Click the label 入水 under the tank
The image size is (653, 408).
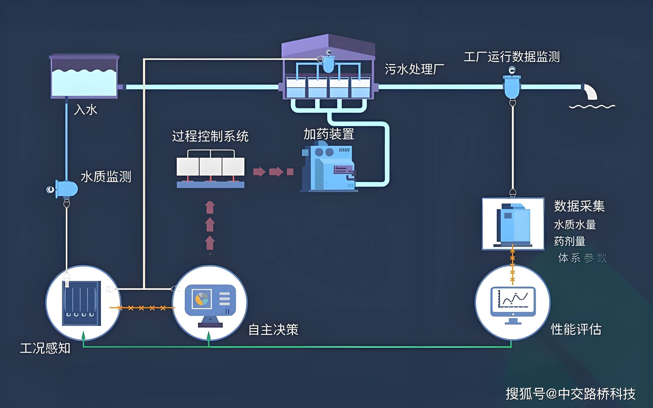click(x=86, y=110)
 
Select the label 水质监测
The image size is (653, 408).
click(x=106, y=177)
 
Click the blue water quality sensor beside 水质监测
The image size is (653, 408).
click(x=67, y=189)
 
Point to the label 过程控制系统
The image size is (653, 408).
click(x=210, y=136)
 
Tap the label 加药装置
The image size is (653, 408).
click(x=329, y=134)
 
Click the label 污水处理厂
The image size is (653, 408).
click(x=414, y=69)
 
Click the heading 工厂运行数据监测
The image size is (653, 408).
click(x=512, y=57)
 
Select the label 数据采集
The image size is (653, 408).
click(x=579, y=206)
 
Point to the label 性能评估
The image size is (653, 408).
click(x=576, y=329)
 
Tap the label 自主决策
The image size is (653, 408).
click(x=273, y=330)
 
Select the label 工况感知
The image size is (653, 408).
click(x=45, y=348)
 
